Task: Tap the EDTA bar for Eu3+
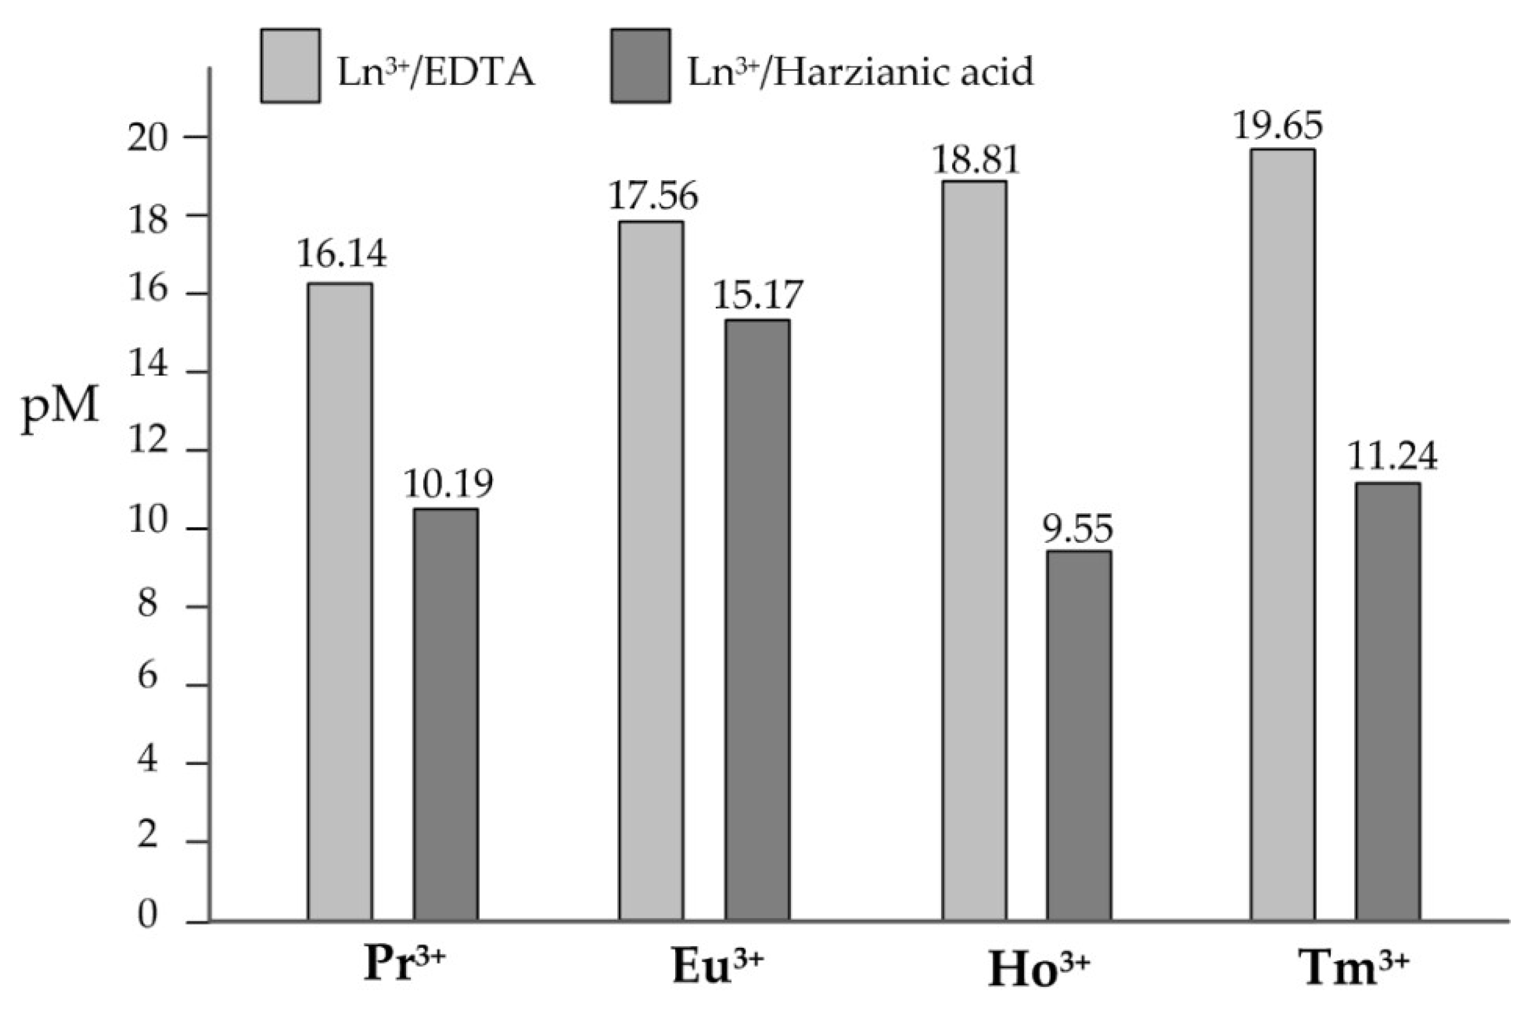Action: pyautogui.click(x=650, y=570)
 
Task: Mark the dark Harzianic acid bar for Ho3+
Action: pyautogui.click(x=1079, y=736)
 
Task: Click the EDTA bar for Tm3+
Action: pyautogui.click(x=1282, y=534)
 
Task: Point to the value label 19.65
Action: pyautogui.click(x=1277, y=126)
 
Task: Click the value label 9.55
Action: pyautogui.click(x=1077, y=529)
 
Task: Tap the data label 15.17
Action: pyautogui.click(x=757, y=296)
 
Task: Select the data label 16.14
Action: pyautogui.click(x=341, y=253)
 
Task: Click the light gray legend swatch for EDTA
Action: pyautogui.click(x=290, y=65)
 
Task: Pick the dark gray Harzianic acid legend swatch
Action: pyautogui.click(x=640, y=65)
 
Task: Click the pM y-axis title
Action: pyautogui.click(x=61, y=408)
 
